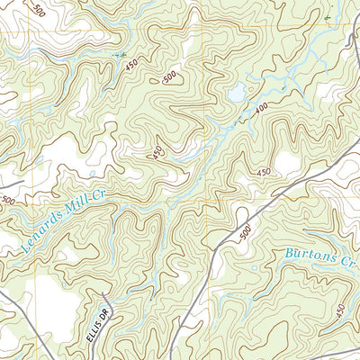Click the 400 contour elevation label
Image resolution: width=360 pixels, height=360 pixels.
pyautogui.click(x=262, y=111)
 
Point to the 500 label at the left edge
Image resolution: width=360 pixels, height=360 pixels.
pyautogui.click(x=7, y=200)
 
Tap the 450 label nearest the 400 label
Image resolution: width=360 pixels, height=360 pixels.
pyautogui.click(x=264, y=171)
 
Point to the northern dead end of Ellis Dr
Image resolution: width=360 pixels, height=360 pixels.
pyautogui.click(x=106, y=296)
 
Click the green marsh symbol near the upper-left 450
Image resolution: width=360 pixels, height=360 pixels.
pyautogui.click(x=118, y=55)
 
